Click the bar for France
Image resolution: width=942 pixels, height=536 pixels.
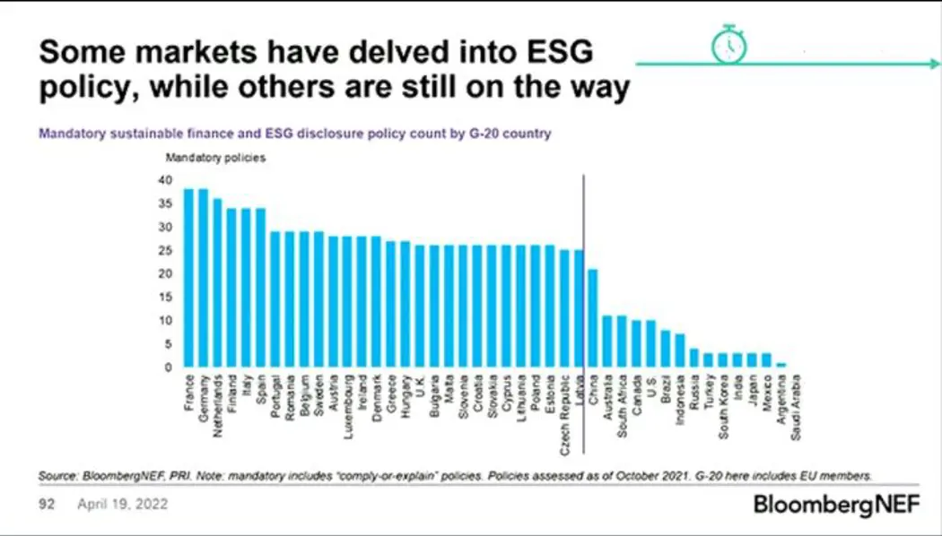188,278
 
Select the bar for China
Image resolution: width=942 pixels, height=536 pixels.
592,318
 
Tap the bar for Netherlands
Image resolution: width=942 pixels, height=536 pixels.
217,282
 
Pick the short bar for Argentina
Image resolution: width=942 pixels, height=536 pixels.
781,365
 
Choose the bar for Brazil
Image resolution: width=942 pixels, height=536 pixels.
665,349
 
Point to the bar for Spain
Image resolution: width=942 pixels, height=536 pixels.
261,288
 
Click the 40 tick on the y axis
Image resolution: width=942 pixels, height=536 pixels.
164,179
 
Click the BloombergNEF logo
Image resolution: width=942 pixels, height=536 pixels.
837,505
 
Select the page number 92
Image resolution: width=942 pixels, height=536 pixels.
48,505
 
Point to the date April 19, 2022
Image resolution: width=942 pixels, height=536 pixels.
122,505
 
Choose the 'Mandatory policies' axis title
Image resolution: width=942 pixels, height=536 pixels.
205,157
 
